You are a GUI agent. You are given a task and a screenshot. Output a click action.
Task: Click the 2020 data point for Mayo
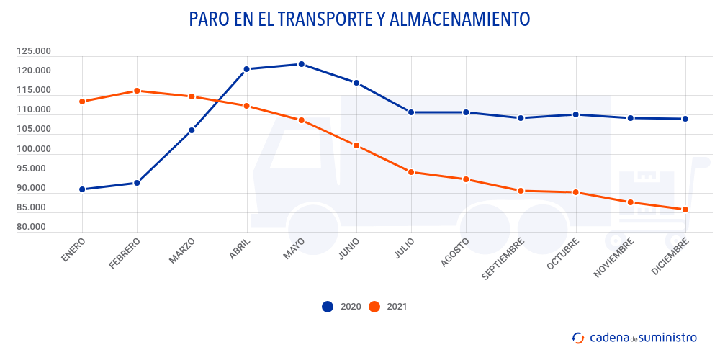coord(302,64)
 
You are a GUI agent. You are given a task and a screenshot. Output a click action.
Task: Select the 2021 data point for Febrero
coord(137,91)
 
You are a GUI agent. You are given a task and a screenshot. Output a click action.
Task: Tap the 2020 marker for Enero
coord(82,189)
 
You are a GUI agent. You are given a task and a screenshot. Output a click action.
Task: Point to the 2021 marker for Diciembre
coord(685,210)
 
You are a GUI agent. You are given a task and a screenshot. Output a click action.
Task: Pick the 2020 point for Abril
coord(246,69)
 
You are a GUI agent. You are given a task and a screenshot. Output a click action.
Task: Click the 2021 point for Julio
coord(411,172)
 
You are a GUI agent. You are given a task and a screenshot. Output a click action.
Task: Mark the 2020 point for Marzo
coord(192,130)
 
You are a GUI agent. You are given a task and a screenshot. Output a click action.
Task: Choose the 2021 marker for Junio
coord(356,145)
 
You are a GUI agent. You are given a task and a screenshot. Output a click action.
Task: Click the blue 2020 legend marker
coord(328,306)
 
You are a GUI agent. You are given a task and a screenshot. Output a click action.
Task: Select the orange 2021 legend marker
coord(374,306)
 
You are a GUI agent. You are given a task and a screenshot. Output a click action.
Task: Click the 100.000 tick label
coord(34,149)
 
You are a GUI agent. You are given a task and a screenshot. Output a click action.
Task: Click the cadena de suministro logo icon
coord(577,337)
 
